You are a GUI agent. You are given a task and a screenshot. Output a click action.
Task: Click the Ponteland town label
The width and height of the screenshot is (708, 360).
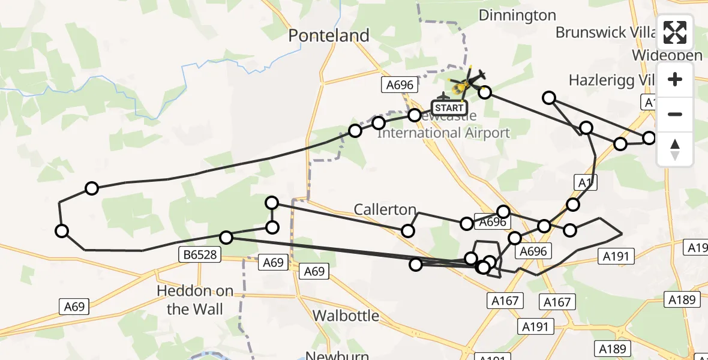[329, 36]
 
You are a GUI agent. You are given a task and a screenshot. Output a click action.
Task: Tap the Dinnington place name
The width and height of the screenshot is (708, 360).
[517, 16]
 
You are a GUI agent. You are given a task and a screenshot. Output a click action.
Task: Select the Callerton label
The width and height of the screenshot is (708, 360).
[385, 209]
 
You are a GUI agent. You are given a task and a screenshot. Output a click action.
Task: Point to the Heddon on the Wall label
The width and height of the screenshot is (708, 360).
[195, 300]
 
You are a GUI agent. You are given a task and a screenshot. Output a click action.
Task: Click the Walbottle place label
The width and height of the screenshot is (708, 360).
[346, 316]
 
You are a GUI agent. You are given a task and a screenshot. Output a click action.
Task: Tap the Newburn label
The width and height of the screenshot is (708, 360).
[337, 355]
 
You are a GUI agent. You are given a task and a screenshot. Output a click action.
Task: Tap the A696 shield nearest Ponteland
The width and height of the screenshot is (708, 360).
[400, 85]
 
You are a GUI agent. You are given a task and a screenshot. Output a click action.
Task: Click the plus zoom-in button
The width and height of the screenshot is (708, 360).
[675, 79]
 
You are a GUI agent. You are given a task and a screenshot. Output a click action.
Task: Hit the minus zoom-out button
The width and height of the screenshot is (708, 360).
[675, 114]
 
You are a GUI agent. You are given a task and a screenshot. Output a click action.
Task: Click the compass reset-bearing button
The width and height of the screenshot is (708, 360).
[675, 149]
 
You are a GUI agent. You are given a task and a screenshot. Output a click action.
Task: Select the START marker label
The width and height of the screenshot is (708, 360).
[449, 108]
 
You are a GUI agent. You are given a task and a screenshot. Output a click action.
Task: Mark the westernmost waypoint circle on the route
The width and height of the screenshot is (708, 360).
[62, 231]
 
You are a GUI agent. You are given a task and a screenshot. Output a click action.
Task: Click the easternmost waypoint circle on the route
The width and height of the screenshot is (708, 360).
[649, 138]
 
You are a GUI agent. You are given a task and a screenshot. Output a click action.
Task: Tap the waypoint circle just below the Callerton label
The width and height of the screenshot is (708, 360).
[408, 231]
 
